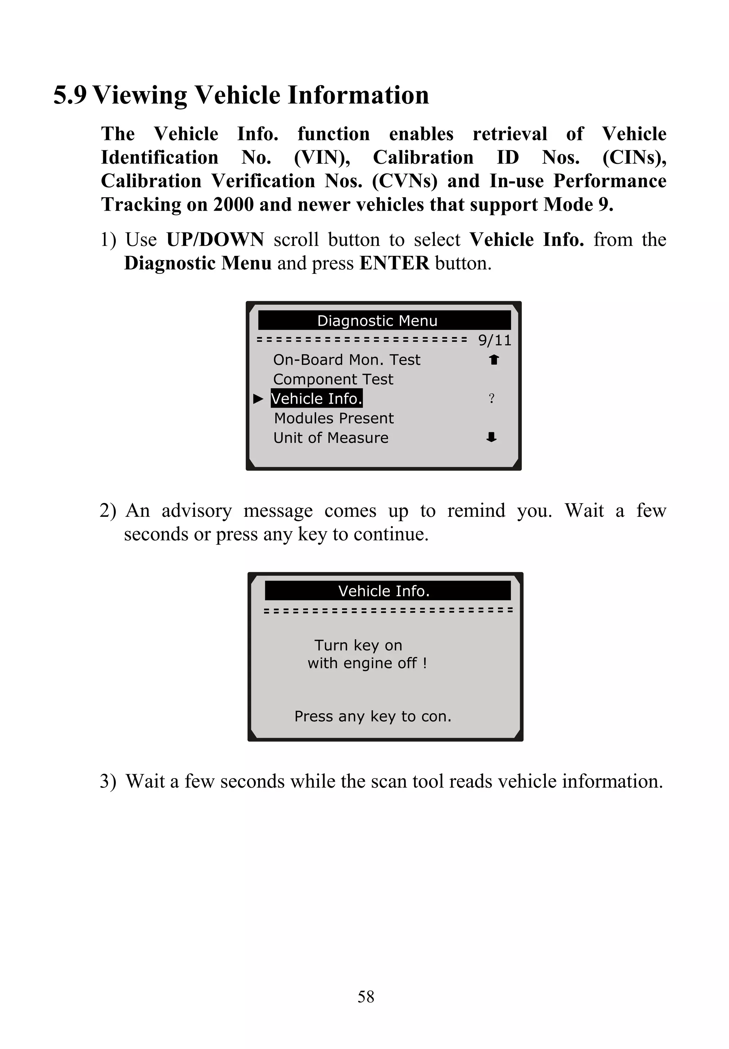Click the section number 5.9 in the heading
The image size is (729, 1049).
click(70, 95)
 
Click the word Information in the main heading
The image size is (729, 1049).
click(358, 95)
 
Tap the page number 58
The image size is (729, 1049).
click(366, 996)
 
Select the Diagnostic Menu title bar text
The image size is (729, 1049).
click(377, 321)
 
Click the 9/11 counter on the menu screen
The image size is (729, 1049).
click(495, 340)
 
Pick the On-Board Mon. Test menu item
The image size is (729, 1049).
click(346, 360)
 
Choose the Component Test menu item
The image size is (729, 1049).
click(333, 379)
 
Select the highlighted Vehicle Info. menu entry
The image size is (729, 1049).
click(316, 399)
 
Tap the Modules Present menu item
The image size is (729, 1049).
click(334, 418)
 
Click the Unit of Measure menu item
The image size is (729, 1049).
click(331, 438)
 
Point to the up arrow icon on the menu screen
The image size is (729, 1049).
click(494, 360)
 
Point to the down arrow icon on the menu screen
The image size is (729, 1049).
click(492, 437)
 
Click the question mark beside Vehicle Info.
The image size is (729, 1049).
click(492, 399)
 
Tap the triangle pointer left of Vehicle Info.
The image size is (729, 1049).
click(258, 399)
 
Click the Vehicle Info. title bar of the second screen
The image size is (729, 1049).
click(384, 591)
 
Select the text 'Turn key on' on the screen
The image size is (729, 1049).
click(358, 645)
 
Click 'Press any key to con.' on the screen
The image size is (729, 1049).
click(373, 716)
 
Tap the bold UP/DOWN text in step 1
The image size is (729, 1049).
click(215, 240)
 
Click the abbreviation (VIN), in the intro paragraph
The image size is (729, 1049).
click(322, 158)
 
